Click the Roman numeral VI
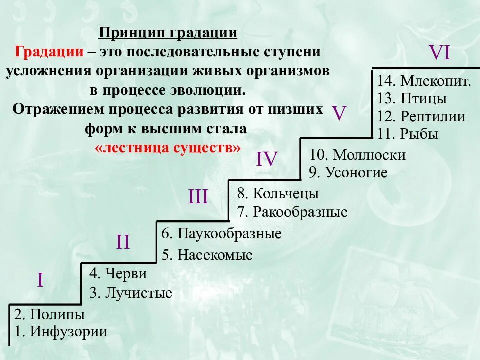point(440,52)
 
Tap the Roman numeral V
point(339,114)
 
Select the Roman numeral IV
point(267,159)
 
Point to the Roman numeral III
point(198,197)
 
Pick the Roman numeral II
point(123,243)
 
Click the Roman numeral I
point(40,280)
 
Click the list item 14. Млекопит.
point(424,81)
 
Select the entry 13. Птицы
point(412,99)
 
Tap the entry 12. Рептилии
point(421,117)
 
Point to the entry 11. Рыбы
point(408,134)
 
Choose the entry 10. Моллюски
point(357,155)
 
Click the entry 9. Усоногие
point(348,173)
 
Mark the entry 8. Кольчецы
point(278,193)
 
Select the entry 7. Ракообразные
point(292,212)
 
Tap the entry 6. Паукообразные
point(222,233)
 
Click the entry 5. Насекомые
point(207,255)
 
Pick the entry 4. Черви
point(118,274)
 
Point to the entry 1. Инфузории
point(61,331)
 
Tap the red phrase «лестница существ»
point(167,148)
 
